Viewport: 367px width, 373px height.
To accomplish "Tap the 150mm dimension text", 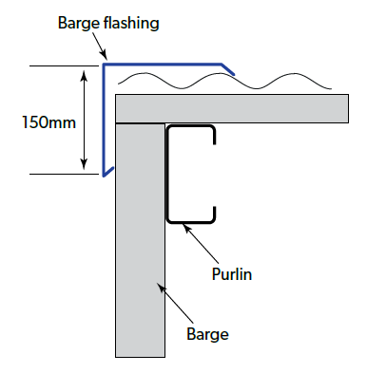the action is (x=48, y=122).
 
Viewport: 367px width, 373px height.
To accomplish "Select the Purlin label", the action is (x=232, y=274).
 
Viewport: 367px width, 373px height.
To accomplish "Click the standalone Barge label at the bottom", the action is (x=207, y=335).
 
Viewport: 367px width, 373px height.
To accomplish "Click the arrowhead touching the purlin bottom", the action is (x=186, y=228).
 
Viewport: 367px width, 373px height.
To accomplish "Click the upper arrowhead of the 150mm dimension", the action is (x=84, y=75).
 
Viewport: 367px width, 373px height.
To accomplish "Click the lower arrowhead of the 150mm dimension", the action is (x=84, y=165).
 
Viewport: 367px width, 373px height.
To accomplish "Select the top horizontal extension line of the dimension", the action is (x=64, y=66).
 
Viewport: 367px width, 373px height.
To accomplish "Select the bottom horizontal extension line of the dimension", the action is (x=64, y=174).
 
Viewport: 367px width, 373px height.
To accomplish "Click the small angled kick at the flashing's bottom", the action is (x=108, y=172).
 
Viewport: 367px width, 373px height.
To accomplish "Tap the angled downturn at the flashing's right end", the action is (x=228, y=69).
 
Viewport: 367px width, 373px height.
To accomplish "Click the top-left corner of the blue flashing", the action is (x=104, y=65).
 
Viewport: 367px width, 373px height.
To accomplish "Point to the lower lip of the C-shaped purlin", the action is (x=215, y=214).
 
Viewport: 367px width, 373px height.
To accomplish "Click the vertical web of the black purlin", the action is (x=167, y=175).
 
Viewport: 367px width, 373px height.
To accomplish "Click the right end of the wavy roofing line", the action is (x=331, y=88).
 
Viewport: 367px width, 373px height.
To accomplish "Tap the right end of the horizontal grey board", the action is (x=348, y=108).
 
